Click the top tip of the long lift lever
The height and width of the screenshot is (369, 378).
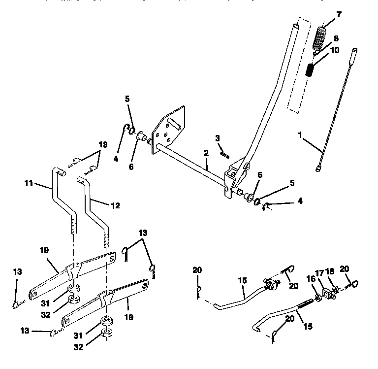click(x=295, y=26)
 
